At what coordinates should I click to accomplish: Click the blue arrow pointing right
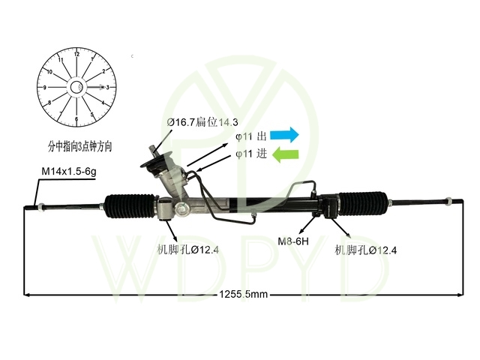(x=284, y=135)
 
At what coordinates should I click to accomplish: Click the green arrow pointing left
(x=285, y=154)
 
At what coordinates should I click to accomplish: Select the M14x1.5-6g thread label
(x=69, y=172)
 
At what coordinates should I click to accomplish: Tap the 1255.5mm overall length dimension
(x=244, y=295)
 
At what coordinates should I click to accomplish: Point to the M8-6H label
(x=293, y=241)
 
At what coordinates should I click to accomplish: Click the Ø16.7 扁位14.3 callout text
(x=202, y=122)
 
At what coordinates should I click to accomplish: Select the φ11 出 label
(x=251, y=136)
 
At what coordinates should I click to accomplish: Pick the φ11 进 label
(x=251, y=154)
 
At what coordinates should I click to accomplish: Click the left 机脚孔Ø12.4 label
(x=188, y=250)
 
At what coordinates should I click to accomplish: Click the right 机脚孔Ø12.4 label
(x=366, y=250)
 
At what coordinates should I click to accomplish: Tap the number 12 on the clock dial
(x=76, y=54)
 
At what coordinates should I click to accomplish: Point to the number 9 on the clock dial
(x=45, y=88)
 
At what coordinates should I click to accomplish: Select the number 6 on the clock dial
(x=76, y=119)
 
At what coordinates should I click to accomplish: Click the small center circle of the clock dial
(x=76, y=88)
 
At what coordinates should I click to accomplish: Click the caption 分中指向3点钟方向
(x=80, y=146)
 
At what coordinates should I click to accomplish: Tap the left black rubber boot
(x=130, y=206)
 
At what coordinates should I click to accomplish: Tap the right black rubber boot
(x=363, y=204)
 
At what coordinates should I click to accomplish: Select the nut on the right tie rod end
(x=448, y=202)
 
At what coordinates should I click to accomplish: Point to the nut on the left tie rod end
(x=40, y=207)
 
